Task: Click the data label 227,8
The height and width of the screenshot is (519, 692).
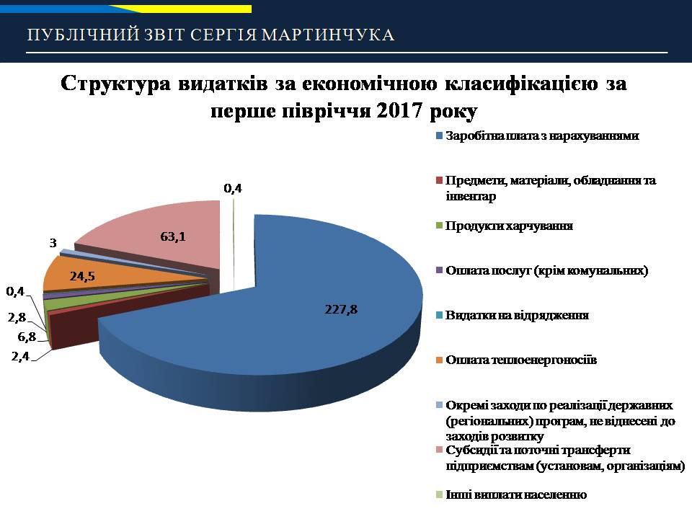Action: click(x=341, y=309)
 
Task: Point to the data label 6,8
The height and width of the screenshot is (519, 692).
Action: click(x=27, y=337)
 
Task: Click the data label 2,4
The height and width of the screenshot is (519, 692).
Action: click(x=20, y=355)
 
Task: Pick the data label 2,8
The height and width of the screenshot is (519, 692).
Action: click(x=17, y=317)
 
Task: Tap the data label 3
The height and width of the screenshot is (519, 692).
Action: click(x=53, y=243)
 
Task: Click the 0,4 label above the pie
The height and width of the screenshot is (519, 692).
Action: click(x=233, y=188)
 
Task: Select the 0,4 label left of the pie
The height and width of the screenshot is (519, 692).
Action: click(x=15, y=291)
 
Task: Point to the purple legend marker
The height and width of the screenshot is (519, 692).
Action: click(x=439, y=270)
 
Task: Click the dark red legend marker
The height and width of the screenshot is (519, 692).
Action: click(x=439, y=180)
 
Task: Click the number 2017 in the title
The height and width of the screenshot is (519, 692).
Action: click(x=399, y=110)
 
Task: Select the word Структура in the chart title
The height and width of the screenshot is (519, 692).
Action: click(x=115, y=84)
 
